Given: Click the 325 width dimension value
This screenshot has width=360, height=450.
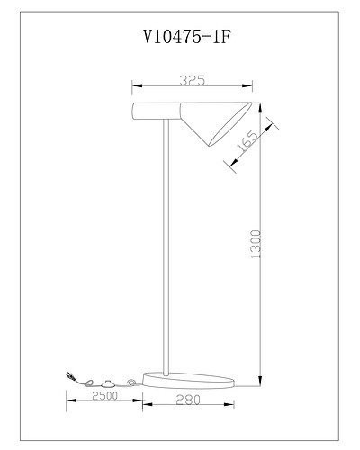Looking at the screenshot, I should click(192, 80).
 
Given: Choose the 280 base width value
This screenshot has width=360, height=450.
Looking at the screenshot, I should click(189, 397).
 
